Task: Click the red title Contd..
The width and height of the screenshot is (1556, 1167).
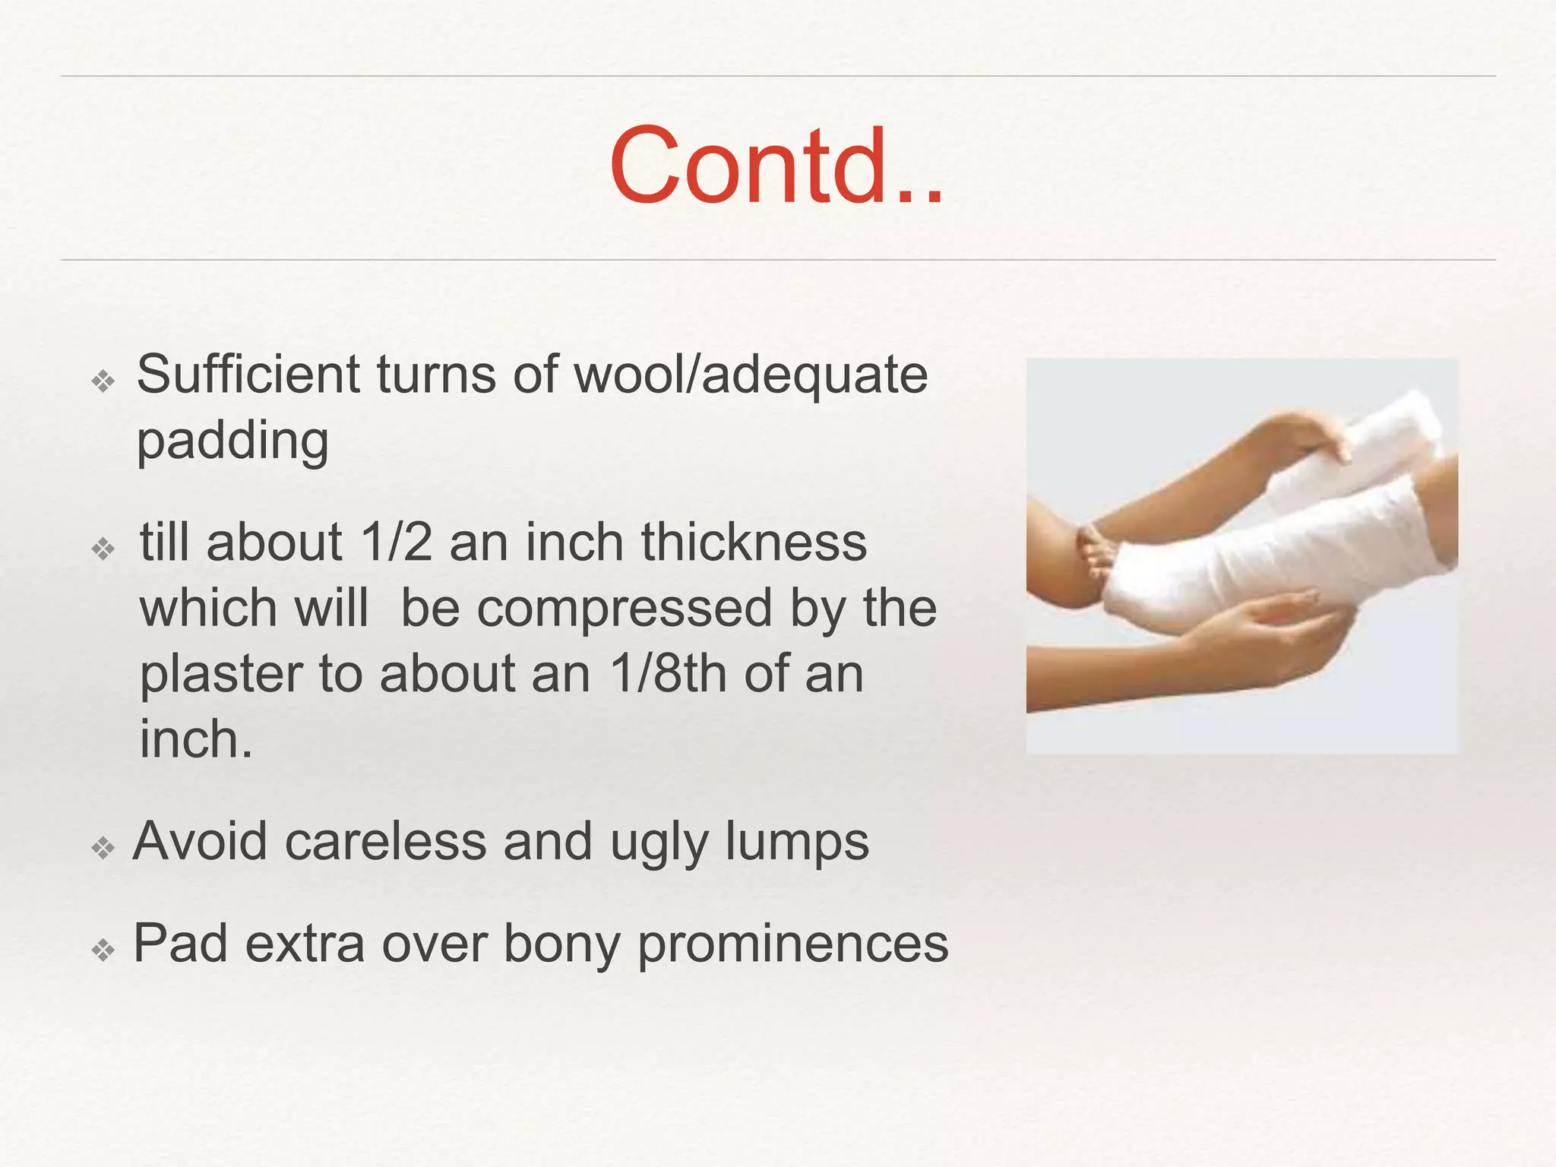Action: [x=776, y=166]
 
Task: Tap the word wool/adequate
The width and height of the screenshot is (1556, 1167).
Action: [x=751, y=376]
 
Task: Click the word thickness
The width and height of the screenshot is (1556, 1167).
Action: [x=753, y=542]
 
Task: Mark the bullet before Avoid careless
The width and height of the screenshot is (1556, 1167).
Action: [x=103, y=847]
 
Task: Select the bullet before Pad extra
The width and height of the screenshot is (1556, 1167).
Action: [x=103, y=950]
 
